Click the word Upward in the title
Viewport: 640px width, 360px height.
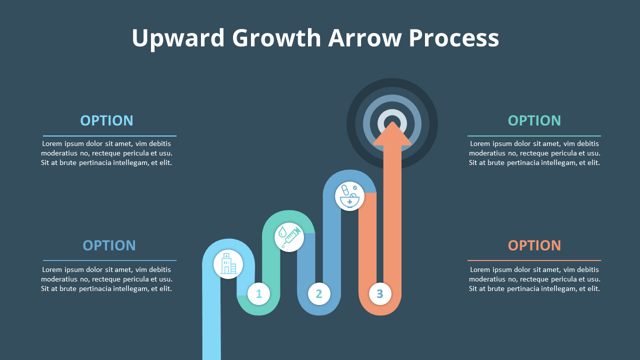(177, 38)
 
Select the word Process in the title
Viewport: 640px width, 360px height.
(453, 38)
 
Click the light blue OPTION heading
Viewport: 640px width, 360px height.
(106, 120)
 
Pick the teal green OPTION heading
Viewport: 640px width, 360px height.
(534, 120)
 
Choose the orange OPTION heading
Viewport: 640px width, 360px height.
(534, 245)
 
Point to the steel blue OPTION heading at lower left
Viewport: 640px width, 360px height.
(109, 245)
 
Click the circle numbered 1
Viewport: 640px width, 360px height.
(258, 294)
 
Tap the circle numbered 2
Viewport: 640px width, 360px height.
(319, 294)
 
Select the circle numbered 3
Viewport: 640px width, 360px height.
(380, 294)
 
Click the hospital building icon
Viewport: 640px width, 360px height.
(228, 264)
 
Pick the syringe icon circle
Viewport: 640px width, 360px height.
(289, 237)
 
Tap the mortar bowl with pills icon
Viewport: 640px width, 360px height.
(349, 196)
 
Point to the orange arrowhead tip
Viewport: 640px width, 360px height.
(392, 124)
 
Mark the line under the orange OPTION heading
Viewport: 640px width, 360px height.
(534, 260)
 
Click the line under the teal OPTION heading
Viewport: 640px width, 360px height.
(534, 136)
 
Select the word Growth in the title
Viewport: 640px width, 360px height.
(276, 38)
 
